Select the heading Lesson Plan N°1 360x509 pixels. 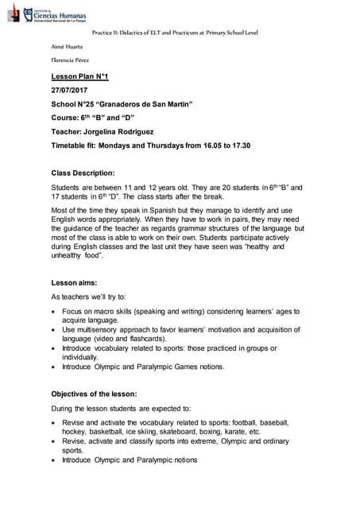79,76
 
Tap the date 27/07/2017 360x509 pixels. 70,91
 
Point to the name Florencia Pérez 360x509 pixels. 72,60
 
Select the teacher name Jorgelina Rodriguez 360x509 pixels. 128,132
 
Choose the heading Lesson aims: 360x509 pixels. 75,282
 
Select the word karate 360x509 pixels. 234,430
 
